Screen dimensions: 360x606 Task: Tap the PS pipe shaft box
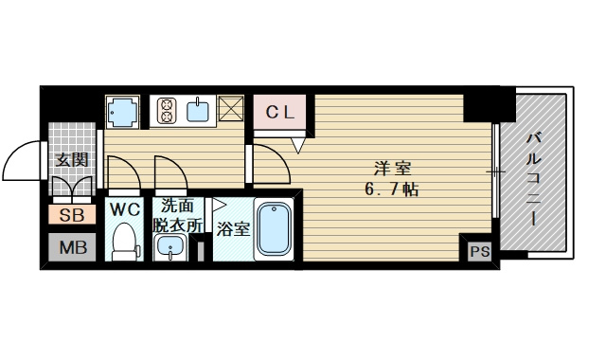click(478, 251)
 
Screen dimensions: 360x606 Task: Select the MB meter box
click(72, 247)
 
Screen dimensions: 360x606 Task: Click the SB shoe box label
click(72, 215)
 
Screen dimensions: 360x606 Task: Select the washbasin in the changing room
click(171, 248)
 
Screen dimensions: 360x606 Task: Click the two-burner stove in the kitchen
click(163, 112)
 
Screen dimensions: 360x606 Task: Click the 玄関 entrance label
click(71, 159)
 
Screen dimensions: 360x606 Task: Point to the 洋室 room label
click(393, 170)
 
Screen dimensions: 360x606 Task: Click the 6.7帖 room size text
click(393, 190)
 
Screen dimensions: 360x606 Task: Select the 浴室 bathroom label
click(233, 228)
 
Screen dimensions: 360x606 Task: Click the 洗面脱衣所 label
click(179, 215)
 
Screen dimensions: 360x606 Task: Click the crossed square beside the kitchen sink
click(232, 111)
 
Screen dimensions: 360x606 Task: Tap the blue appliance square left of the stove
click(121, 112)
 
